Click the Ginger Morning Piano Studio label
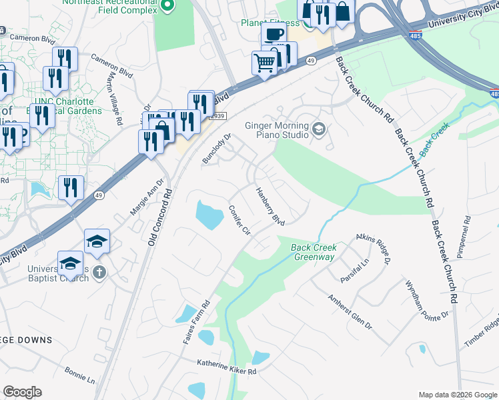277,129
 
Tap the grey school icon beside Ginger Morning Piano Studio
318,127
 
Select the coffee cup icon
273,34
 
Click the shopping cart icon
264,63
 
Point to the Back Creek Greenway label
314,252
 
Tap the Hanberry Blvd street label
271,206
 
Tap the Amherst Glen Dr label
350,312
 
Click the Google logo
22,392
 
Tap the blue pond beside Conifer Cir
209,215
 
